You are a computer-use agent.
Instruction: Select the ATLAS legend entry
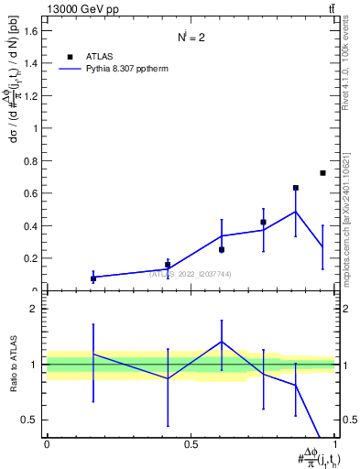[x=94, y=55]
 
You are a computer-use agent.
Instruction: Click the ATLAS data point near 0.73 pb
[x=322, y=173]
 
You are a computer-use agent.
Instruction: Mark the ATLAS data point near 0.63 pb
[x=296, y=188]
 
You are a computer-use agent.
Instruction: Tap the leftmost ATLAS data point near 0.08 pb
[x=93, y=278]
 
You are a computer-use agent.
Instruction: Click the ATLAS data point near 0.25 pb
[x=222, y=249]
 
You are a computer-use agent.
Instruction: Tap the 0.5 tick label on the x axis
[x=191, y=444]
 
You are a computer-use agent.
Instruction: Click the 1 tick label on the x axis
[x=335, y=444]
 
